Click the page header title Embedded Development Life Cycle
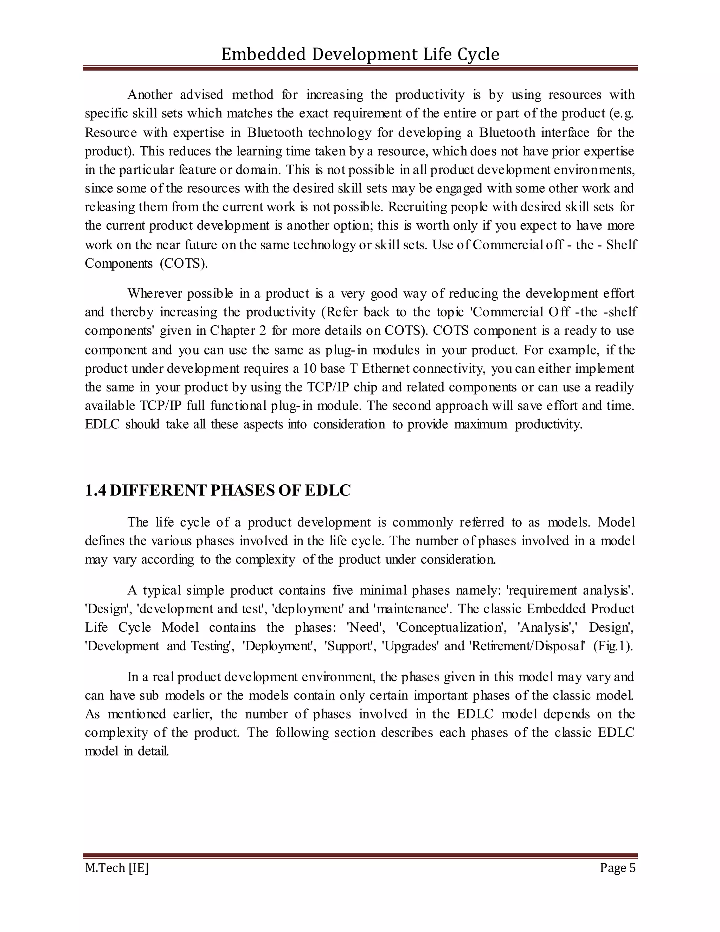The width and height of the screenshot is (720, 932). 360,55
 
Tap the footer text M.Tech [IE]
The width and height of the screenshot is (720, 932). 116,868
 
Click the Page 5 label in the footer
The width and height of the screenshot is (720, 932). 617,868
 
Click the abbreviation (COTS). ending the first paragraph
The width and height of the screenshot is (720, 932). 184,263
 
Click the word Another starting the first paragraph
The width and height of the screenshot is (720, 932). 150,94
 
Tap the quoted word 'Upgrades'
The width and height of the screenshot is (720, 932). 410,646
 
